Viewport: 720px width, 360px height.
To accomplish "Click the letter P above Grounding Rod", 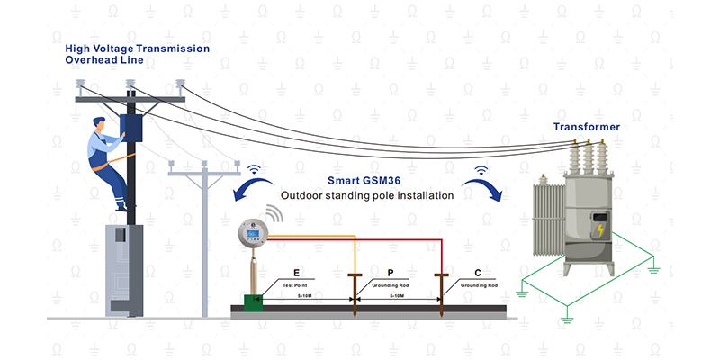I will tap(390, 272).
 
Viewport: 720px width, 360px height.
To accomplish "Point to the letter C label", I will tap(478, 272).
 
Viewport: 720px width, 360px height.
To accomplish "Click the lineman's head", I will tap(100, 126).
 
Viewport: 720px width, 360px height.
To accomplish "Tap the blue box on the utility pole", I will tap(132, 126).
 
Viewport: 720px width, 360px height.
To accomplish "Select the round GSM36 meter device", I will tap(253, 235).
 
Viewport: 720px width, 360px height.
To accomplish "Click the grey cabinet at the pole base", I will tap(126, 270).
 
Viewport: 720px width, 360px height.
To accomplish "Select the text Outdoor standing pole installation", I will tap(366, 195).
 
